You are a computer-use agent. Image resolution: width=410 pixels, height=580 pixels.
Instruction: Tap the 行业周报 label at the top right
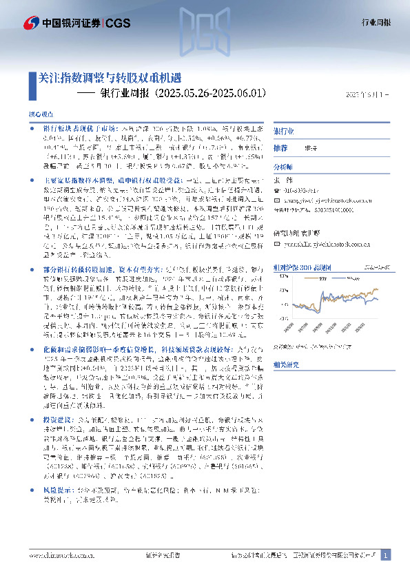(376, 22)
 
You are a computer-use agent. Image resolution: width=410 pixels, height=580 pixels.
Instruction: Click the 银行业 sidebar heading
(284, 131)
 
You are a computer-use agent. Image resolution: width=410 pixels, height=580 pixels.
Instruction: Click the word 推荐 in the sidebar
(280, 148)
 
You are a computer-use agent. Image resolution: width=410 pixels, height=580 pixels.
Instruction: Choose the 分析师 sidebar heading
(283, 167)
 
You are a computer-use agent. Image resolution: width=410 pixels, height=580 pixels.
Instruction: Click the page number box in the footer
(386, 555)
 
